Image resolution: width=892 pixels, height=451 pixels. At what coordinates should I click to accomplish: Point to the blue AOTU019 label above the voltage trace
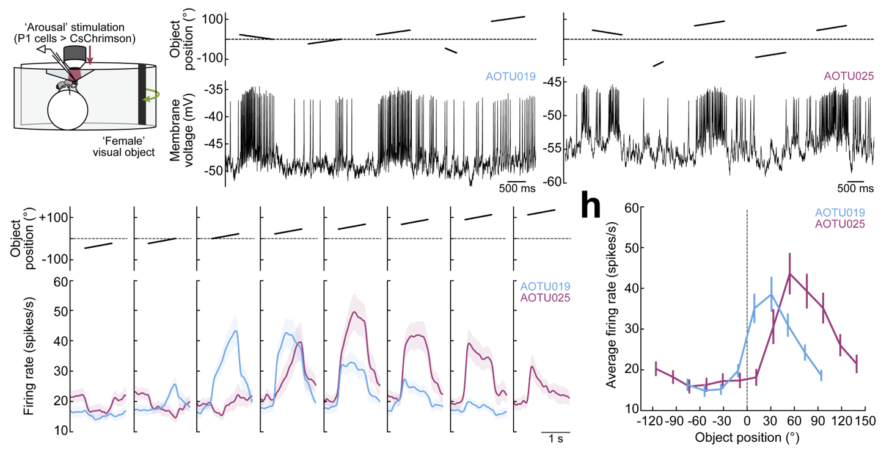point(510,77)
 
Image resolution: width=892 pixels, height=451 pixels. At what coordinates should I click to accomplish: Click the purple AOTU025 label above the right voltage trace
point(849,77)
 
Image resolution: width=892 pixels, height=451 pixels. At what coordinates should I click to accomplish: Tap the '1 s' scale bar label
point(555,439)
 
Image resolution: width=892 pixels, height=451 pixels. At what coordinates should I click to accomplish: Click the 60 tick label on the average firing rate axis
point(632,208)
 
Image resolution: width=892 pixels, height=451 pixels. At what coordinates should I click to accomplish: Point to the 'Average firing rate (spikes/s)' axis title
point(610,308)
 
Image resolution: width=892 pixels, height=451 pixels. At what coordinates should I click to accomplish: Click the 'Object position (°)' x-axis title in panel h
point(747,438)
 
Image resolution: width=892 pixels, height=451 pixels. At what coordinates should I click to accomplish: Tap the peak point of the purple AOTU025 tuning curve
point(789,273)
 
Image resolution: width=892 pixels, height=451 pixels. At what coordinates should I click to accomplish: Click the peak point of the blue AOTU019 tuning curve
point(771,294)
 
